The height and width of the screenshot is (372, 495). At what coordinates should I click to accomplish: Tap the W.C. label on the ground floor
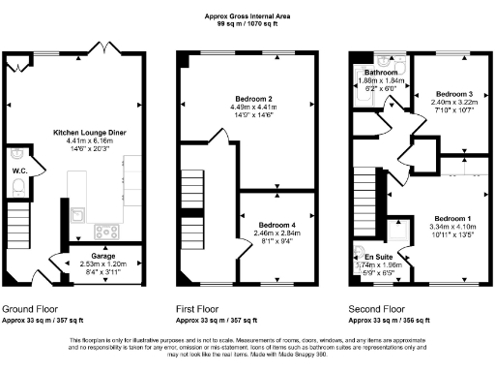coord(19,171)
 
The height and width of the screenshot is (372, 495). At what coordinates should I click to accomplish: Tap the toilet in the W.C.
coord(15,156)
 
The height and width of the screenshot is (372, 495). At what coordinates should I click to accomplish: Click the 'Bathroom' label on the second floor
coord(377,73)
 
